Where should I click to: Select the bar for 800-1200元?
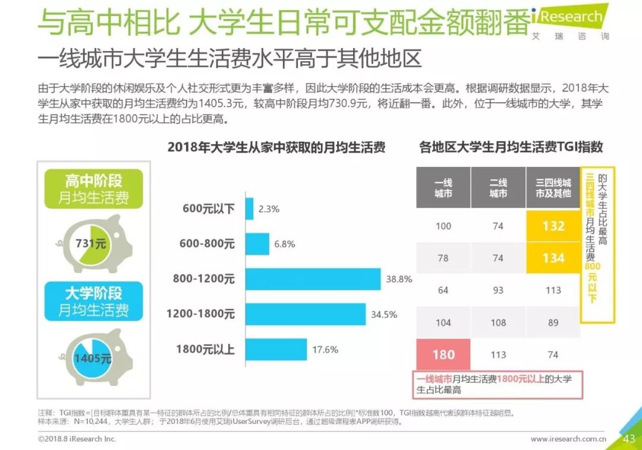coord(313,279)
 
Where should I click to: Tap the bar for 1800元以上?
coord(276,350)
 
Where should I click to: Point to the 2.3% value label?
coord(269,209)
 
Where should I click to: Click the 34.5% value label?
coord(384,315)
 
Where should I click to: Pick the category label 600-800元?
coord(207,244)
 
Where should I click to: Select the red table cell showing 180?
coord(443,354)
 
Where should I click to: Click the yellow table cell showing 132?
coord(553,226)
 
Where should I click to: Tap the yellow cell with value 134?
coord(553,258)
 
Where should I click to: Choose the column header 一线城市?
coord(443,188)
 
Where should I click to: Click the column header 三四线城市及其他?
coord(553,188)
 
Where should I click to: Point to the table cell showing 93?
coord(498,290)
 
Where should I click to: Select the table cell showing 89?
coord(553,322)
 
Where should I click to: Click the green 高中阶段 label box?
coord(94,189)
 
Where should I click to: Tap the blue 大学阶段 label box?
coord(94,301)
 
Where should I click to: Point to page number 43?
coord(630,439)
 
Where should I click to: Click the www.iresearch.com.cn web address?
coord(568,439)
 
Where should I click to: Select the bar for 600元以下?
coord(249,209)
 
